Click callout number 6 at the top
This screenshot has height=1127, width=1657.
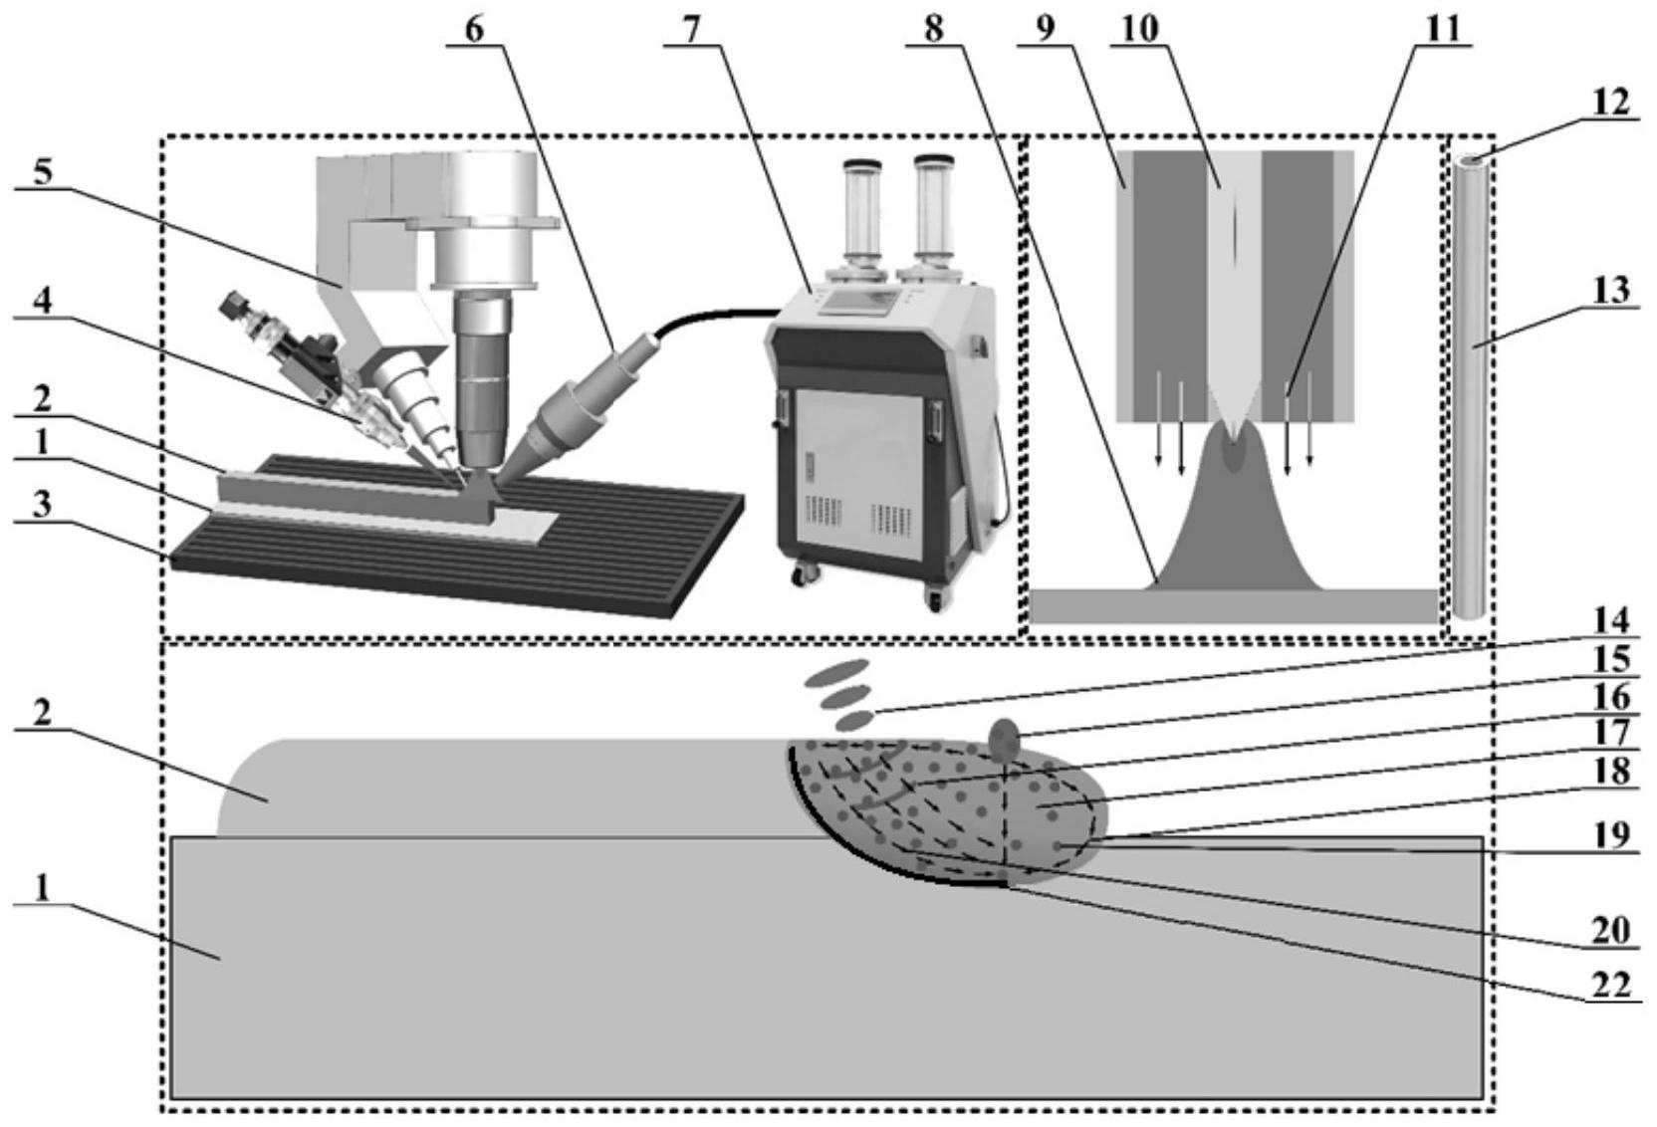[x=473, y=29]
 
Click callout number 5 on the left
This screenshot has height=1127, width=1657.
[x=43, y=171]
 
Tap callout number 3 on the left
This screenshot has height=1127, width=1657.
[x=41, y=504]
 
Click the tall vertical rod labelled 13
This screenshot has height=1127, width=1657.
[x=1471, y=388]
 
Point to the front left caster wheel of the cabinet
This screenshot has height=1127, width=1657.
[x=802, y=575]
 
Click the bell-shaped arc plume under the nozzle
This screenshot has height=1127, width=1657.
[x=1235, y=528]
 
